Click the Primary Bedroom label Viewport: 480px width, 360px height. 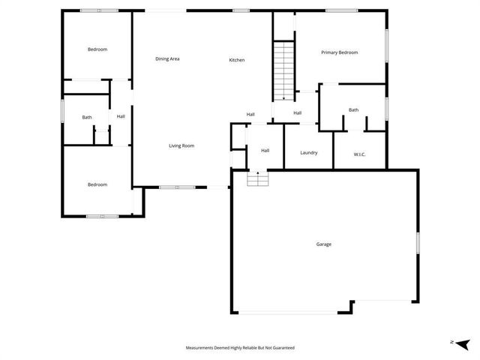tap(339, 52)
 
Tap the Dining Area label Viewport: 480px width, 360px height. tap(167, 58)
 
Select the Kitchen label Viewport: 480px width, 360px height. tap(237, 60)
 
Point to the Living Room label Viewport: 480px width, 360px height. tap(181, 145)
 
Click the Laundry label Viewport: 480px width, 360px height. tap(309, 153)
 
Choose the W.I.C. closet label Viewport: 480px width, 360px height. tap(360, 154)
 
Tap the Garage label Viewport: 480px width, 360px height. tap(323, 244)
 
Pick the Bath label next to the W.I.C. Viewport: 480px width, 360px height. tap(353, 110)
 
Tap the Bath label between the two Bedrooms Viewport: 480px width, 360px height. tap(87, 117)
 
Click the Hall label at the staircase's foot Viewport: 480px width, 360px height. tap(298, 113)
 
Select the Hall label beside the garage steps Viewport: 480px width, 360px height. tap(265, 151)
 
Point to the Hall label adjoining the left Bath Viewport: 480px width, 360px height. tap(121, 116)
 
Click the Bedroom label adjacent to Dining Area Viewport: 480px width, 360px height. tap(97, 49)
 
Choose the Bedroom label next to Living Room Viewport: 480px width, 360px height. tap(97, 184)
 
